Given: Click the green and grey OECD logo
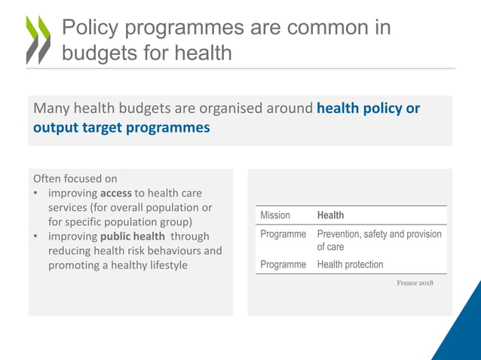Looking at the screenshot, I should click(x=38, y=39).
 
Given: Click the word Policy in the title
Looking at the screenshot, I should click(x=90, y=28).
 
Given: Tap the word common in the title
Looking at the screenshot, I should click(x=305, y=28).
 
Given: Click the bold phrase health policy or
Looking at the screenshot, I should click(x=368, y=108).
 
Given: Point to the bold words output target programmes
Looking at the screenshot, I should click(x=121, y=127).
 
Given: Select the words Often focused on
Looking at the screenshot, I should click(x=75, y=178).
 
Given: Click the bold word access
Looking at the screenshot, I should click(x=116, y=193).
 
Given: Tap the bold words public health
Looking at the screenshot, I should click(x=132, y=236).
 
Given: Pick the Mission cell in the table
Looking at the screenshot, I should click(x=275, y=215).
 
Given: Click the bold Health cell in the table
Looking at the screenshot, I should click(x=330, y=215).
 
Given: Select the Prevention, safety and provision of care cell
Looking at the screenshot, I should click(x=378, y=240).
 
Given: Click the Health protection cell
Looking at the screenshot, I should click(x=350, y=264).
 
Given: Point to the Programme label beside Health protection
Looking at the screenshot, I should click(x=283, y=264).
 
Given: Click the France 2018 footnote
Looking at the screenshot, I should click(x=415, y=283).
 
